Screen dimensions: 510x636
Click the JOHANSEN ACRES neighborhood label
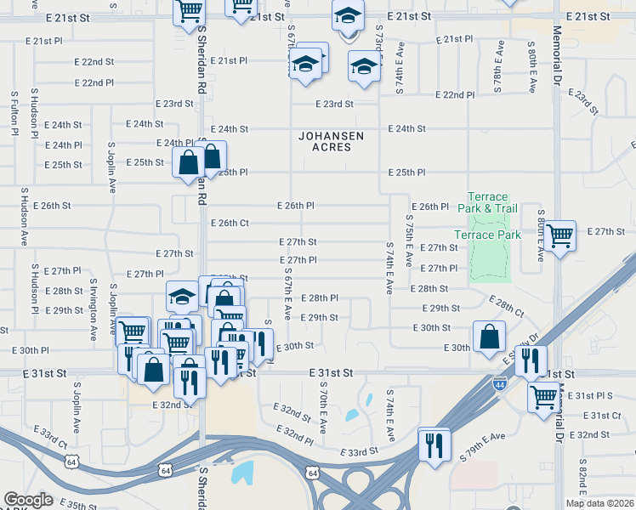[x=332, y=141]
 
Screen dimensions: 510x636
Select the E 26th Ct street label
[x=230, y=224]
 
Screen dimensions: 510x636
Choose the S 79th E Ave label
[x=481, y=447]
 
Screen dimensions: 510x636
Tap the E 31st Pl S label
[x=594, y=395]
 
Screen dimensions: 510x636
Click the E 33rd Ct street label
[x=50, y=440]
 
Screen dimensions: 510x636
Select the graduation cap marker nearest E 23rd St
[x=364, y=69]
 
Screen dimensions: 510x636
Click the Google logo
[x=28, y=500]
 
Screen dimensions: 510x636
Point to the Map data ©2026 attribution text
[x=599, y=503]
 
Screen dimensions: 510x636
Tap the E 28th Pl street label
[x=320, y=298]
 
